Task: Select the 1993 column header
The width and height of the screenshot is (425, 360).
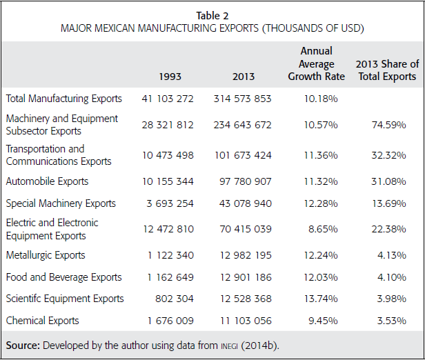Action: [x=170, y=77]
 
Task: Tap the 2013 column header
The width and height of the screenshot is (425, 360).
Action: [x=243, y=77]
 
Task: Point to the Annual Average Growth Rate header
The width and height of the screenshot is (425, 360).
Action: [x=317, y=63]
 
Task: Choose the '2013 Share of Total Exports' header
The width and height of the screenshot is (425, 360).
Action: [x=387, y=70]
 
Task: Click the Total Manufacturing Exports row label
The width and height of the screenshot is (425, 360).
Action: [x=63, y=99]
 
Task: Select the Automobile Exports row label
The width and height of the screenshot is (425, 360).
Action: [x=47, y=181]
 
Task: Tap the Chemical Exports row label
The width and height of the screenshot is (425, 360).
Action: [x=42, y=320]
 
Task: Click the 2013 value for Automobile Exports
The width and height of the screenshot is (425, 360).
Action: [x=242, y=181]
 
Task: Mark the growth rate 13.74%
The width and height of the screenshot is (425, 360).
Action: [x=321, y=299]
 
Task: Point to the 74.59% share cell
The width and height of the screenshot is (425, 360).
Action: [x=397, y=125]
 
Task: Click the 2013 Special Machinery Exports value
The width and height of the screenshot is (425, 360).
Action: [x=242, y=203]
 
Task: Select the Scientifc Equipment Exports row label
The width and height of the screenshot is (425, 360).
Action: [x=65, y=299]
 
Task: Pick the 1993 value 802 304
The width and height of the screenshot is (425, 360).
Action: [x=176, y=299]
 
